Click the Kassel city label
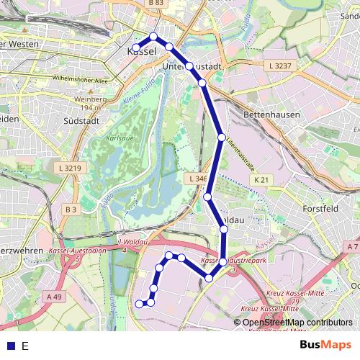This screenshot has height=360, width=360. pos(142,52)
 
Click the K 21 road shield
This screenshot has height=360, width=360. pos(264,180)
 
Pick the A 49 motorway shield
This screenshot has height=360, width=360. pos(54,296)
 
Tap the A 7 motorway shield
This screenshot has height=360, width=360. pos(352,247)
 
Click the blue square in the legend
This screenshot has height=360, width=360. pos(9,346)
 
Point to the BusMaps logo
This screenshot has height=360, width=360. pos(325,345)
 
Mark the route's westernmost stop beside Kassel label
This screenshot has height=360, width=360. pos(136,48)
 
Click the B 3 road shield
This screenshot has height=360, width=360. pos(69,210)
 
